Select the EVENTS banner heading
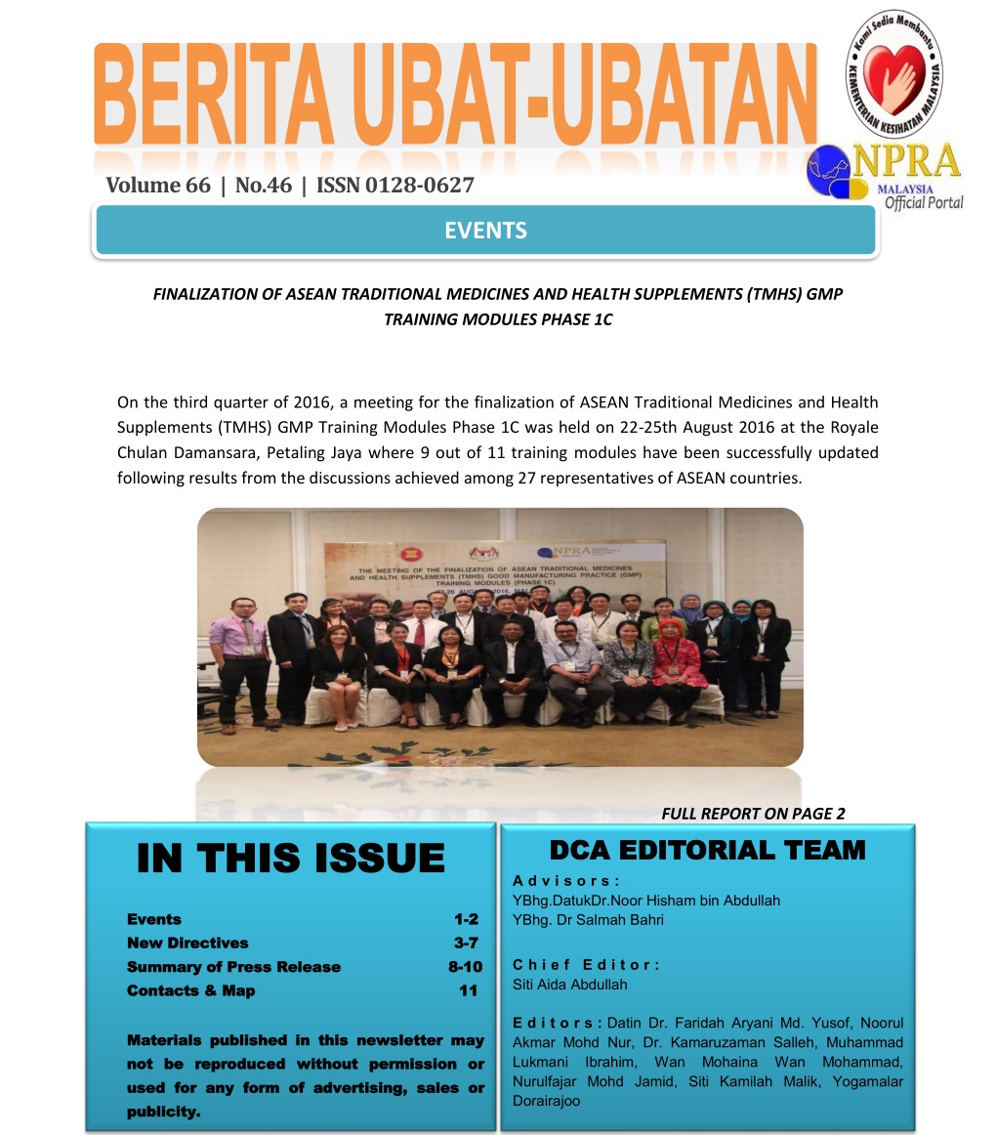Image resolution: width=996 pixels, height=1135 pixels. pyautogui.click(x=485, y=231)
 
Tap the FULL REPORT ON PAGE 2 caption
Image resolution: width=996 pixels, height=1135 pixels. pyautogui.click(x=753, y=814)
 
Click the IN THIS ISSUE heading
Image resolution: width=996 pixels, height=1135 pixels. pyautogui.click(x=291, y=858)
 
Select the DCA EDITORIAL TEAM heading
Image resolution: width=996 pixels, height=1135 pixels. pyautogui.click(x=707, y=850)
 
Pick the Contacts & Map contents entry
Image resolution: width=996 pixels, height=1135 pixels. pyautogui.click(x=191, y=990)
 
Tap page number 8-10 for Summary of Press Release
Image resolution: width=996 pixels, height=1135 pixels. pyautogui.click(x=458, y=967)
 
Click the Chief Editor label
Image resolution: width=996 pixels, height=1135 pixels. pyautogui.click(x=586, y=964)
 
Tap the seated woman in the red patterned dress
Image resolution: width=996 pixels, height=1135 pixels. pyautogui.click(x=679, y=664)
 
